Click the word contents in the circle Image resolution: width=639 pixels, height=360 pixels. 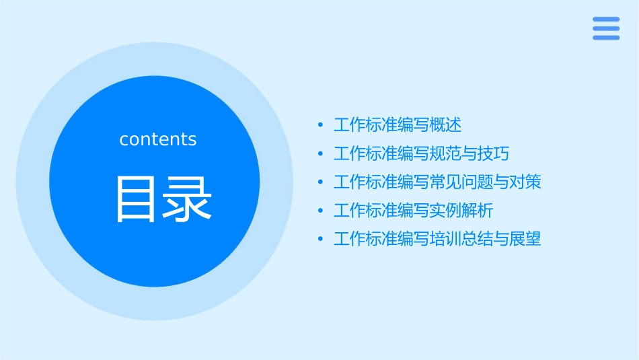click(158, 139)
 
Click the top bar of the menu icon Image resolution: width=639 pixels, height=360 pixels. click(605, 20)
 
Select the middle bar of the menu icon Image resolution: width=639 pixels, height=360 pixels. click(605, 28)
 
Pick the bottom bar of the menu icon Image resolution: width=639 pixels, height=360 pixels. click(605, 37)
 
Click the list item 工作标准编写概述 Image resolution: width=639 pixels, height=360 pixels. click(398, 125)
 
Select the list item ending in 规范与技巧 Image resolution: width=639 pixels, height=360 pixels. click(421, 153)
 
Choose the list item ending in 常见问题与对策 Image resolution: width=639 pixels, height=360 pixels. click(437, 182)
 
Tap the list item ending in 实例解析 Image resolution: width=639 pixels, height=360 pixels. click(413, 211)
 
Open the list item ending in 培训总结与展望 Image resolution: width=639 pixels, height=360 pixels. click(437, 239)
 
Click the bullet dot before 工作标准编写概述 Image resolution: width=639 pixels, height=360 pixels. click(320, 125)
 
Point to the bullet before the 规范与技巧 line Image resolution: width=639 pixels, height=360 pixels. click(320, 154)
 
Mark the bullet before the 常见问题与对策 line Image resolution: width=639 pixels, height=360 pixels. click(320, 182)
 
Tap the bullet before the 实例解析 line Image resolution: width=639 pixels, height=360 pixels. click(320, 211)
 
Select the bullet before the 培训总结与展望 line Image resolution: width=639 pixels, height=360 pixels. click(320, 239)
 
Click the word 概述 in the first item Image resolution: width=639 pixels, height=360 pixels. click(446, 125)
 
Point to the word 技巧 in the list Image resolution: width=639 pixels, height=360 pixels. click(493, 153)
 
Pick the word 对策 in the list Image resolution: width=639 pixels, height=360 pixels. click(525, 182)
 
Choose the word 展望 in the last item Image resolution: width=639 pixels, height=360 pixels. click(525, 239)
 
